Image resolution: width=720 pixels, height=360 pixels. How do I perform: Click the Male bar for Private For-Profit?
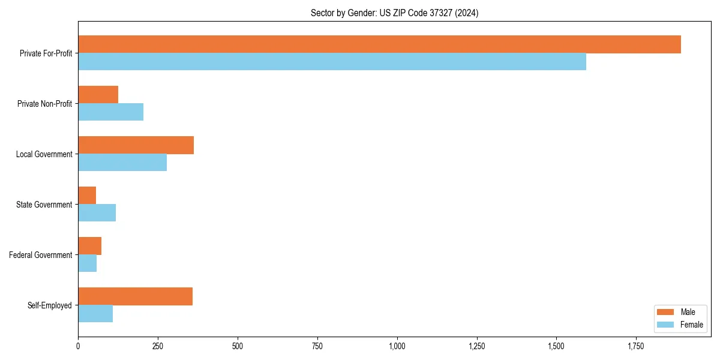[x=379, y=44]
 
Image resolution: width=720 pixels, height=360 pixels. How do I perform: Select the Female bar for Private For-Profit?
[x=332, y=62]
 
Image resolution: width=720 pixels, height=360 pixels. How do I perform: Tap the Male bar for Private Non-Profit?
[x=98, y=95]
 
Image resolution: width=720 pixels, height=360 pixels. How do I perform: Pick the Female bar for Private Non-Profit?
[x=110, y=112]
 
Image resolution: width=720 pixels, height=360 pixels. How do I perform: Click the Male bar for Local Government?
[x=136, y=145]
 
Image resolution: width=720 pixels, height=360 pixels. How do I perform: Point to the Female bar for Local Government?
[x=122, y=163]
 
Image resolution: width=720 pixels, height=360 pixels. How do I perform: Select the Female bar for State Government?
[x=97, y=213]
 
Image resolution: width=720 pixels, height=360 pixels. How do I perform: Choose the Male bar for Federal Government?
[x=89, y=246]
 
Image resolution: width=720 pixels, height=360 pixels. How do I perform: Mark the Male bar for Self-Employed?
[x=135, y=296]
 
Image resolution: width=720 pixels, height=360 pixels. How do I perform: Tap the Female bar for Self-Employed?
[x=95, y=314]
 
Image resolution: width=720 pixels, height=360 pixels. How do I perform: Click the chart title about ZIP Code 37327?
[x=394, y=13]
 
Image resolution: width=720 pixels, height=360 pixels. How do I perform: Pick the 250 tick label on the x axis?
[x=158, y=346]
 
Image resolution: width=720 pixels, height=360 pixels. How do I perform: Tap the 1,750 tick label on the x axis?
[x=636, y=346]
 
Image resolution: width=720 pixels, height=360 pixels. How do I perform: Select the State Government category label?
[x=44, y=205]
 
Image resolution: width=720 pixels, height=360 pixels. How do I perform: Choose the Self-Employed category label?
[x=49, y=305]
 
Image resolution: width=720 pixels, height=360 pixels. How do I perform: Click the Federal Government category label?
[x=40, y=255]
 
